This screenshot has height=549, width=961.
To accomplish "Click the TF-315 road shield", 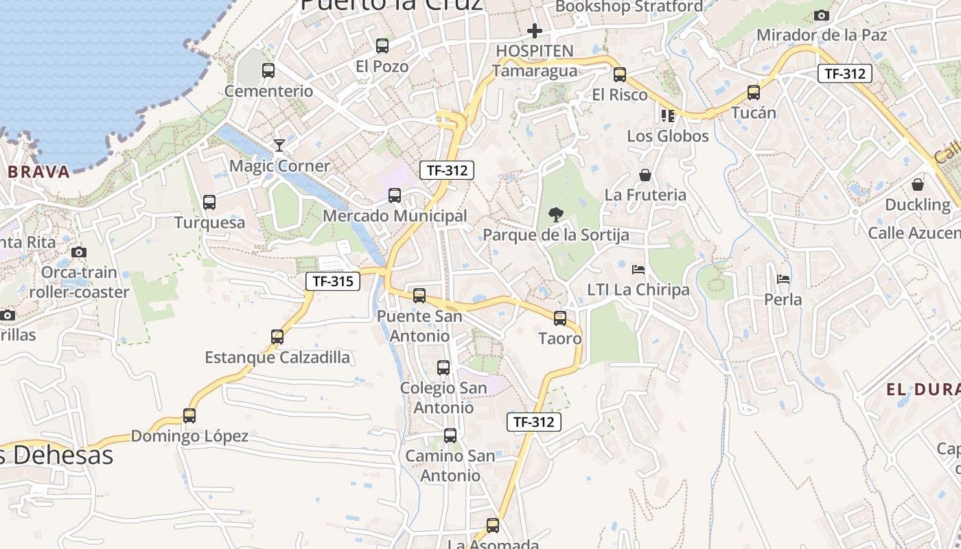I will pos(333,281).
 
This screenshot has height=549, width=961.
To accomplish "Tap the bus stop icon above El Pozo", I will pos(382,46).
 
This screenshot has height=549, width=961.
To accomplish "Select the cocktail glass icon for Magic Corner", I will pos(279,145).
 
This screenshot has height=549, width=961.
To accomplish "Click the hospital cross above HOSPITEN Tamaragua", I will pos(534,31).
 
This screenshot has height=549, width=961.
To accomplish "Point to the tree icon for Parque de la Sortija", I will pos(556,215).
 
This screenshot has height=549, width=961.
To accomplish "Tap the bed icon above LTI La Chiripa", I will pos(638,269).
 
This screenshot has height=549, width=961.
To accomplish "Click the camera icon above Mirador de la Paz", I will pos(821,15).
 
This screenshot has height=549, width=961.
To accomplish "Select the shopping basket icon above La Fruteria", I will pos(645,175).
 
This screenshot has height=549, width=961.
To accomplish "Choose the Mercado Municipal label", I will pos(395,216).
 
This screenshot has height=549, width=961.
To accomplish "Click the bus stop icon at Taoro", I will pos(560,318).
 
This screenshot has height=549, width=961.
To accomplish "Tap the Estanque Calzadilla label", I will pos(277,358).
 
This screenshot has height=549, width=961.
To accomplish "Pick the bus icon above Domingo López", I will pos(189,416).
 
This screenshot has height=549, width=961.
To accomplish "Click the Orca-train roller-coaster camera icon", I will pos(79,252).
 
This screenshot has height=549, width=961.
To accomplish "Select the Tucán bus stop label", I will pos(754,113).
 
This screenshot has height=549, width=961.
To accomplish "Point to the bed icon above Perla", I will pos(783,279).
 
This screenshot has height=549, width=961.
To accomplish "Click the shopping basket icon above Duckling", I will pos(918,185).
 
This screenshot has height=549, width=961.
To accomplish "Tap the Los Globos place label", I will pos(668,136).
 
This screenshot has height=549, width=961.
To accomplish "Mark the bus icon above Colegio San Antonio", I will pos(443,368).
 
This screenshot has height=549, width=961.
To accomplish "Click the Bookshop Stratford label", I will pos(629,6).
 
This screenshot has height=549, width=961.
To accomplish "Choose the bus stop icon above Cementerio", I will pos(268,71).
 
